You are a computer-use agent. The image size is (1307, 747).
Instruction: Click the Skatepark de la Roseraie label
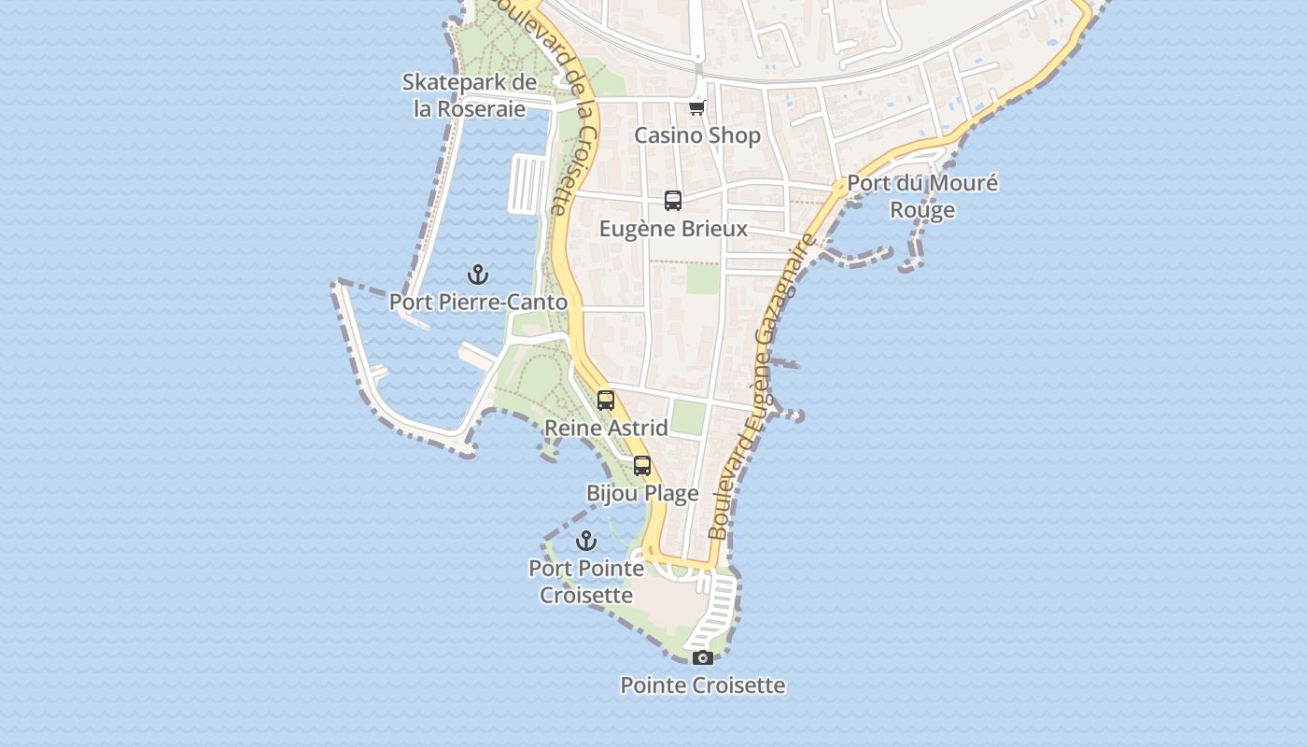point(470,95)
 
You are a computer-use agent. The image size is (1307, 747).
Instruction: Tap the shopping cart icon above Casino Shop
point(696,107)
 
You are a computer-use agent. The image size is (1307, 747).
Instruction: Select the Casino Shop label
point(697,135)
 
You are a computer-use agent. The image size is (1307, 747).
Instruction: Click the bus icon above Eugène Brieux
point(673,200)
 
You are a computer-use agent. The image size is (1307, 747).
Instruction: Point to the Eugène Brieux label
point(673,229)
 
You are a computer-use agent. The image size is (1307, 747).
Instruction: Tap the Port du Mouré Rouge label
point(922,196)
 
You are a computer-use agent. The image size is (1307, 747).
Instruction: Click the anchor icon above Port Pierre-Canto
point(478,275)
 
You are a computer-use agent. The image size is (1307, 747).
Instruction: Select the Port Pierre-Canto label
point(478,303)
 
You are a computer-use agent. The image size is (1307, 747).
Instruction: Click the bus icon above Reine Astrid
point(606,401)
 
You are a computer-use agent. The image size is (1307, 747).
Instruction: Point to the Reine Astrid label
point(606,429)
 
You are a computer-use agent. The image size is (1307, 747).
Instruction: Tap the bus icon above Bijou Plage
point(642,465)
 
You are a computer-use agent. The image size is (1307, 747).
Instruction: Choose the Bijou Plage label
point(642,493)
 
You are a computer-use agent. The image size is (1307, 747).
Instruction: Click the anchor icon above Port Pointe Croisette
point(586,541)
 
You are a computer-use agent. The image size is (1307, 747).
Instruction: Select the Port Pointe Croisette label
point(586,582)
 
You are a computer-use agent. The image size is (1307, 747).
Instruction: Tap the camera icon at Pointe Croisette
point(703,657)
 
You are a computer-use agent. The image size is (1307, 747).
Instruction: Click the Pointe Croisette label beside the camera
point(703,685)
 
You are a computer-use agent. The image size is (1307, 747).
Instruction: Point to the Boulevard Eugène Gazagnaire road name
point(761,388)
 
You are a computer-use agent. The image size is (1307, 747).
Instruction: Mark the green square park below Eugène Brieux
point(703,278)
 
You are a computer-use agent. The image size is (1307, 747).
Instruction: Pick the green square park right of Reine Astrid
point(688,417)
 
